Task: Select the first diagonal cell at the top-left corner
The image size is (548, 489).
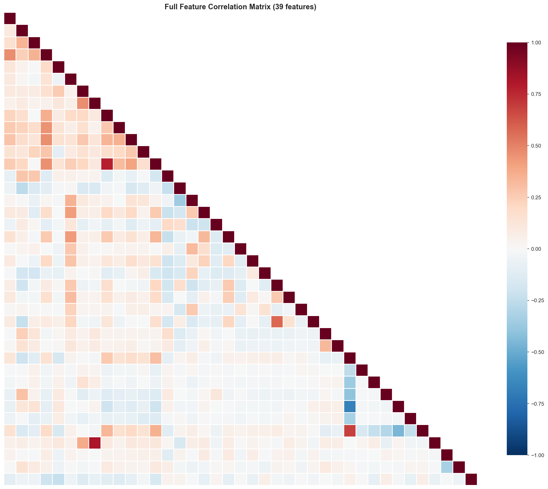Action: tap(10, 18)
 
